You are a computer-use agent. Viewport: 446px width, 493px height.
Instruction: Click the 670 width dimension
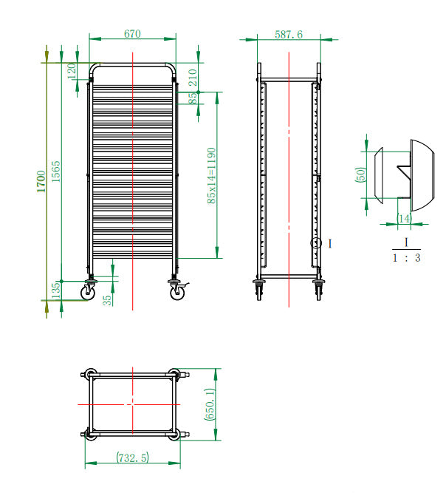tap(132, 34)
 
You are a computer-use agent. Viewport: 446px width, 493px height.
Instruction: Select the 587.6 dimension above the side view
tap(289, 34)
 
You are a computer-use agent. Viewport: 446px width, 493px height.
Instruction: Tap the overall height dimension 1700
tap(42, 180)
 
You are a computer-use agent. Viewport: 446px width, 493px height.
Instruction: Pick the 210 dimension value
tap(192, 77)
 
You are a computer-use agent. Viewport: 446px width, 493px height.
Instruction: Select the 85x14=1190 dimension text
tap(211, 175)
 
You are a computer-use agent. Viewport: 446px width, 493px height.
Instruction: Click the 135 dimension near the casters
tap(56, 290)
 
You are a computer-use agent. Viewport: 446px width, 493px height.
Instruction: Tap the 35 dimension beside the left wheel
tap(108, 300)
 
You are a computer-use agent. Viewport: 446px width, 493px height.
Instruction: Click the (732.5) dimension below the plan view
tap(132, 458)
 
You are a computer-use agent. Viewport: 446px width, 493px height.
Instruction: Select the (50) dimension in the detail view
tap(361, 175)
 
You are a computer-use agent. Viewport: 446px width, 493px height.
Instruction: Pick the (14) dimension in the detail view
tap(403, 218)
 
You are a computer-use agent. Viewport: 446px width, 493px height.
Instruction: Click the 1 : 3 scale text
tap(406, 259)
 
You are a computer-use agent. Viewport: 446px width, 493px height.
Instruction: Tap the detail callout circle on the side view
tap(316, 242)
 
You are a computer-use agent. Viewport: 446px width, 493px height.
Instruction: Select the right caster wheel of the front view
tap(177, 293)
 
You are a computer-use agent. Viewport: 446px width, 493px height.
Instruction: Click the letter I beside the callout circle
tap(329, 242)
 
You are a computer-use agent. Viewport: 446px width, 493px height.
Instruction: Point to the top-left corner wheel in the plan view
tap(89, 374)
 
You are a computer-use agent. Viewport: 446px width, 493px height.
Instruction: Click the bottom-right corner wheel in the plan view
tap(174, 435)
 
